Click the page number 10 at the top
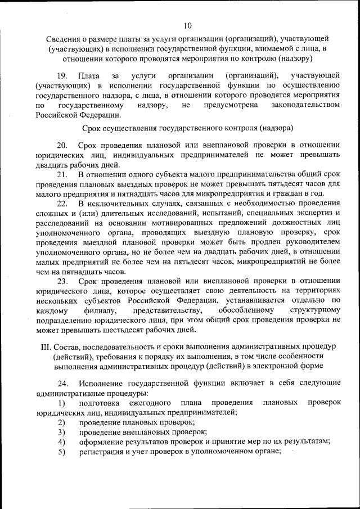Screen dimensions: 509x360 point(187,25)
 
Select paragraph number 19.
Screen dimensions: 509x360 point(63,75)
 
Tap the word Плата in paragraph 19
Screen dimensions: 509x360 point(89,75)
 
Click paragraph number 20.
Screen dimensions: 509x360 point(63,145)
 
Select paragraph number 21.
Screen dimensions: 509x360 point(63,175)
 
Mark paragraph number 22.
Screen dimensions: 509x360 point(63,204)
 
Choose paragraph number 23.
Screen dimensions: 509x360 point(63,281)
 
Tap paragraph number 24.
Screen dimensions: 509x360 point(63,384)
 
